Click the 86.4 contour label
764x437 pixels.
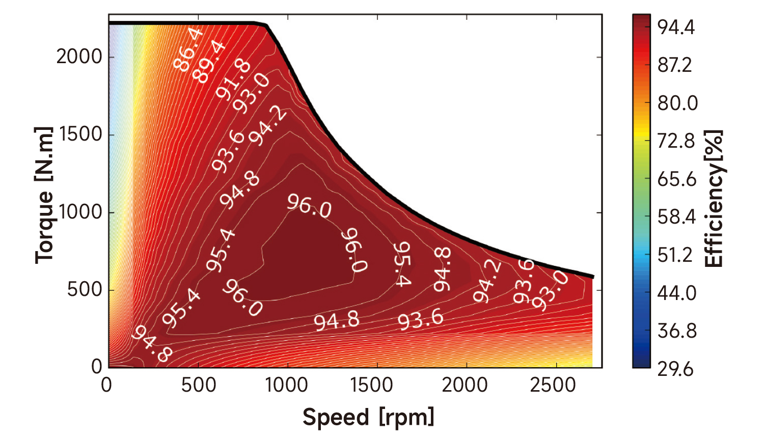click(x=188, y=49)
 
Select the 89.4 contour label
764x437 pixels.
click(x=210, y=61)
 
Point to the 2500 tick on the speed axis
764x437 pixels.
click(x=553, y=385)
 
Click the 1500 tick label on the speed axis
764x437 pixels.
click(x=371, y=385)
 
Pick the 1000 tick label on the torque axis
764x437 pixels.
click(x=80, y=212)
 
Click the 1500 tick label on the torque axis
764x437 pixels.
click(x=80, y=134)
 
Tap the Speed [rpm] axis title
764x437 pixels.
click(x=368, y=417)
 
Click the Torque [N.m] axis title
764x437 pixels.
click(x=44, y=195)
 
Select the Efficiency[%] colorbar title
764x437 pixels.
click(x=714, y=199)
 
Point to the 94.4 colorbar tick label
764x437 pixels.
click(x=676, y=28)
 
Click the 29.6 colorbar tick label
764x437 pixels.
click(x=675, y=369)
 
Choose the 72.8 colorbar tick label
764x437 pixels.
click(x=676, y=141)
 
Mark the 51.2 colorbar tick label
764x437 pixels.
click(x=675, y=255)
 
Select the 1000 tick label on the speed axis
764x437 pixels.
click(x=287, y=385)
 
